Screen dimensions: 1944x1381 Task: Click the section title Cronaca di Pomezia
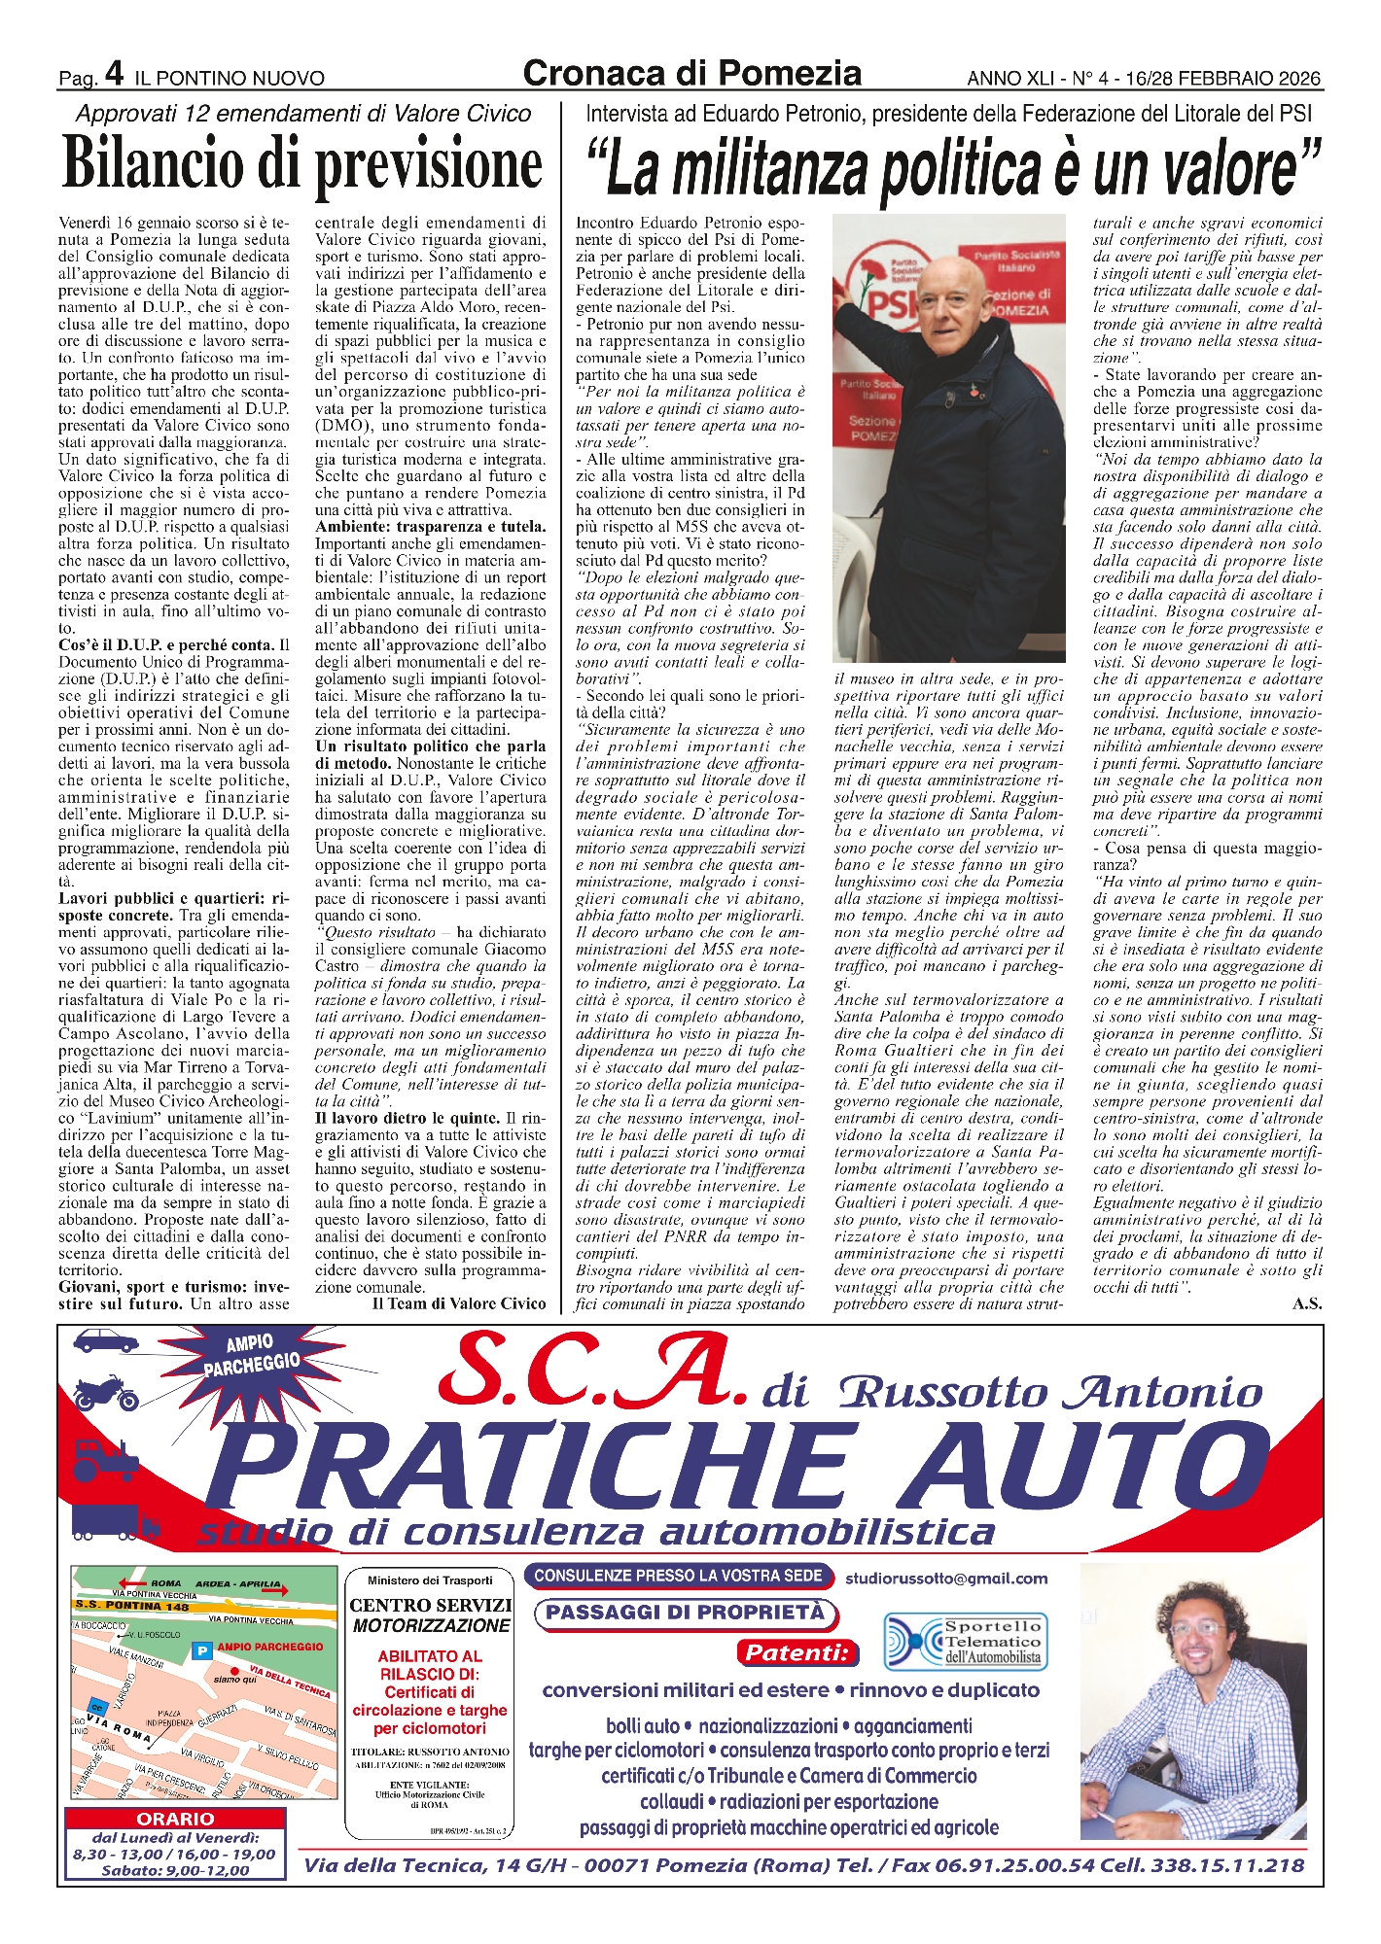(x=691, y=73)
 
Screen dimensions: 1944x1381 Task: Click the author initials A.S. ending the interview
(x=1307, y=1303)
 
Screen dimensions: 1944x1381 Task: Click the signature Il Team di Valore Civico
(x=459, y=1303)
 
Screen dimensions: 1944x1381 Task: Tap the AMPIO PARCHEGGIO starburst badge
(x=251, y=1354)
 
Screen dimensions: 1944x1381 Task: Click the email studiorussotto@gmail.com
(x=945, y=1579)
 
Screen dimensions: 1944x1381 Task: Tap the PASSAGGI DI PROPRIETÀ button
(x=686, y=1613)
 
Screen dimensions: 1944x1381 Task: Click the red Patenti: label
(x=797, y=1652)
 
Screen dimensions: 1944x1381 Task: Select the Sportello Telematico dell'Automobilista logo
(x=963, y=1642)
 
